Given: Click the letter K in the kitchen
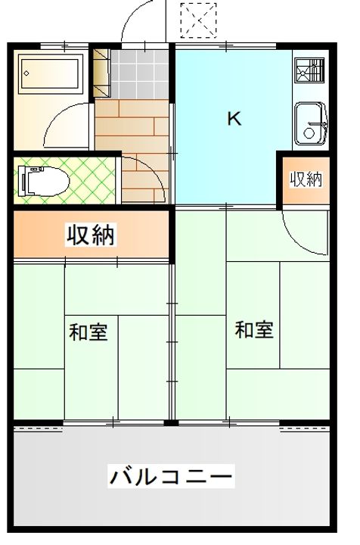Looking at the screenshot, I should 234,119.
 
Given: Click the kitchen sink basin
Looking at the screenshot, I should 310,122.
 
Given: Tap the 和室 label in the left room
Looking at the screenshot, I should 88,332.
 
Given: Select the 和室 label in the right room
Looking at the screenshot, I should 253,330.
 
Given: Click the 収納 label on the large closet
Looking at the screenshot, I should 91,235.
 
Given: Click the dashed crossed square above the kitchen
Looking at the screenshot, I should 199,20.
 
